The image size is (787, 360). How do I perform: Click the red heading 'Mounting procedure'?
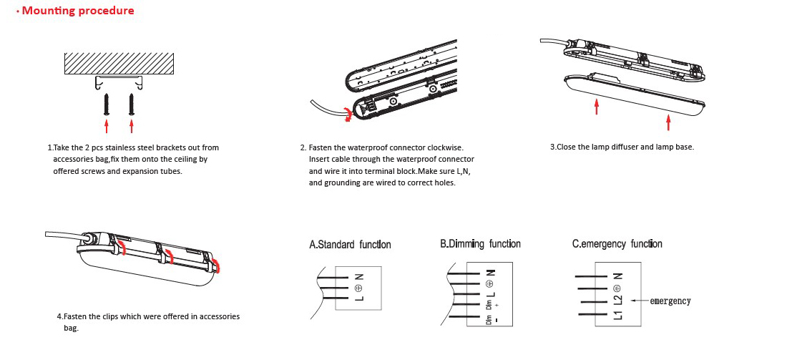[x=78, y=11]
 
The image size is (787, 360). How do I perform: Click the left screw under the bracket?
[x=107, y=103]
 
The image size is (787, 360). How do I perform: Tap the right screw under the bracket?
[x=132, y=103]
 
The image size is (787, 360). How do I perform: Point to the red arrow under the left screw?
[x=107, y=127]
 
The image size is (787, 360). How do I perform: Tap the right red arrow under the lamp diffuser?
[x=668, y=121]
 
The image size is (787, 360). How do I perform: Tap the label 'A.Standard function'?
[x=350, y=245]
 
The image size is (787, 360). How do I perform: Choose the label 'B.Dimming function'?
[x=480, y=244]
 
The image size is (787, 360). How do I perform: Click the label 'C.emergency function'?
[x=617, y=244]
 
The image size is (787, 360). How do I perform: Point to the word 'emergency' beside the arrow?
[x=670, y=301]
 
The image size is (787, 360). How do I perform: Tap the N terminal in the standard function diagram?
[x=359, y=276]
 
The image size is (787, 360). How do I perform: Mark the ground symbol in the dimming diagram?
[x=490, y=283]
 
